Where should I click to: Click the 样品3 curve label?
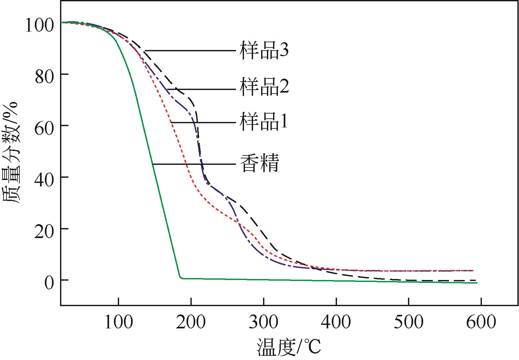[264, 51]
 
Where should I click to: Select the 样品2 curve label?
[264, 87]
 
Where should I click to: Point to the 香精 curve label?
[259, 164]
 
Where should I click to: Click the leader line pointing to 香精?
[194, 164]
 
